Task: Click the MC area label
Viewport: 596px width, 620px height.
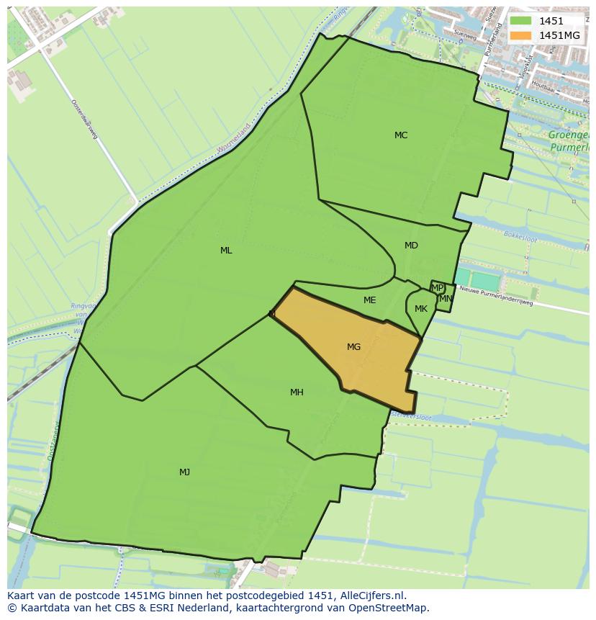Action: pos(401,135)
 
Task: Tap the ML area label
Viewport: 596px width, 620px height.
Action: pos(226,251)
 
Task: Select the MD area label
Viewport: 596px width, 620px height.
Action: pos(411,246)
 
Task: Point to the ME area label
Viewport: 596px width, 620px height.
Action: pos(369,300)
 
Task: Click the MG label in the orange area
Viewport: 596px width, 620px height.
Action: pos(353,347)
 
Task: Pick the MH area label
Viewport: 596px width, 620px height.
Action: pos(297,392)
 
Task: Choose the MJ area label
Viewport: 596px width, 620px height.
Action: pos(185,472)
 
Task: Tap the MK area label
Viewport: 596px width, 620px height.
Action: pos(421,309)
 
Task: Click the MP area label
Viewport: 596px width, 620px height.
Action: pos(437,288)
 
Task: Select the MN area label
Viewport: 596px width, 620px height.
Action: pos(446,299)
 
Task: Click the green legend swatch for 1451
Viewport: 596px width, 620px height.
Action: pos(520,22)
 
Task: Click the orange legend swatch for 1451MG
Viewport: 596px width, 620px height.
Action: pos(520,35)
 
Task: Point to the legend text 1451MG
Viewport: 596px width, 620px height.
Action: pos(559,35)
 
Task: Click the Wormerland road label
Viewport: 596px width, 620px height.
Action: pos(234,139)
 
